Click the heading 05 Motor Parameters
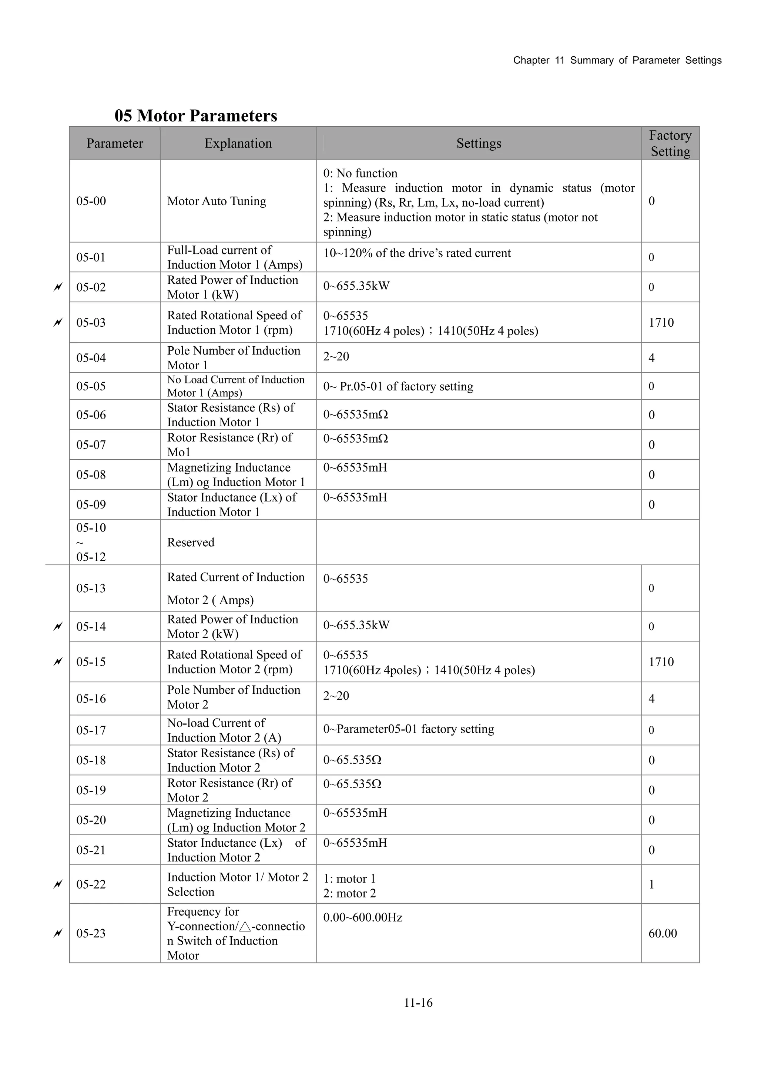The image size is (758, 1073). [196, 116]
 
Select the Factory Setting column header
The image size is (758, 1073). [670, 143]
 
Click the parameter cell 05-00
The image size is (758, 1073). [91, 201]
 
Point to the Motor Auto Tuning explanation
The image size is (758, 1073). [217, 201]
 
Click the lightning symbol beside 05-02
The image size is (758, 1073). [58, 287]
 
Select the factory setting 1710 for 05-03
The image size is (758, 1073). [661, 323]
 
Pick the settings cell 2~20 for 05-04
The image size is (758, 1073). [336, 357]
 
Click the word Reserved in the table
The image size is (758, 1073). [191, 542]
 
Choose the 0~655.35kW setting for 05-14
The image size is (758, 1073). [356, 625]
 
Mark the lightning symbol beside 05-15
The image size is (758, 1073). [58, 662]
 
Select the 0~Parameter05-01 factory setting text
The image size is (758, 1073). [409, 729]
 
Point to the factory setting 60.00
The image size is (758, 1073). [662, 933]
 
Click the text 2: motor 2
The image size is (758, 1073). [349, 893]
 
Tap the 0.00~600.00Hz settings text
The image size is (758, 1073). [363, 917]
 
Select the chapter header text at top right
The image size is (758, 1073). [617, 60]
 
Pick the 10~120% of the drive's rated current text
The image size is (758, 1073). [417, 253]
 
